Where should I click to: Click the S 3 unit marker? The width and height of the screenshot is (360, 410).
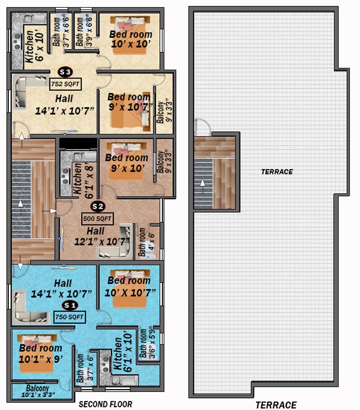click(65, 72)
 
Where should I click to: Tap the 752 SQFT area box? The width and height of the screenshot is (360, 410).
click(65, 84)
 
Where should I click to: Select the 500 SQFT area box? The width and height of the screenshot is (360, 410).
click(97, 219)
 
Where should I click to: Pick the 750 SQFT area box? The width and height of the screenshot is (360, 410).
click(69, 317)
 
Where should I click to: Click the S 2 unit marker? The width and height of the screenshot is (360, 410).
click(98, 206)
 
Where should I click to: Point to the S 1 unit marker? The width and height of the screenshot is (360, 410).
click(70, 305)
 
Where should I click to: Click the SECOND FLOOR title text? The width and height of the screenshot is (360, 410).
click(106, 404)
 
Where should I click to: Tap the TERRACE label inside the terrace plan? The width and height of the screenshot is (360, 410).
click(277, 172)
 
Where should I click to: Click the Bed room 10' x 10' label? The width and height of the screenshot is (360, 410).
click(130, 39)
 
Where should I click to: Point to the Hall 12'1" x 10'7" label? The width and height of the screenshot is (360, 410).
click(101, 237)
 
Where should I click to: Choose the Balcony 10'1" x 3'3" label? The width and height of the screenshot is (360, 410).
click(38, 391)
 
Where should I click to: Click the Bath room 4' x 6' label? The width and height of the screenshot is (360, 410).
click(146, 242)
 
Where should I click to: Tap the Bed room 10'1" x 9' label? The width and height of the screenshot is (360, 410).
click(40, 354)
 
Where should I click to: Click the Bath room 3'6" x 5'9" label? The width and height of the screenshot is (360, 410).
click(147, 343)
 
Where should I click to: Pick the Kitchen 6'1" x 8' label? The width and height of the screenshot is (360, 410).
click(83, 180)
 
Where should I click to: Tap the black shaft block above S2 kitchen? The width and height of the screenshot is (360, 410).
click(78, 144)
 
